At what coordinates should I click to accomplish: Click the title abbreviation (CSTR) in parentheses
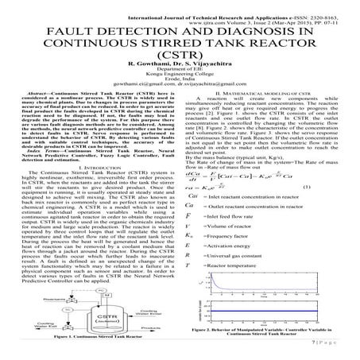180,60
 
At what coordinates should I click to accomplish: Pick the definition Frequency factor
243,257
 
